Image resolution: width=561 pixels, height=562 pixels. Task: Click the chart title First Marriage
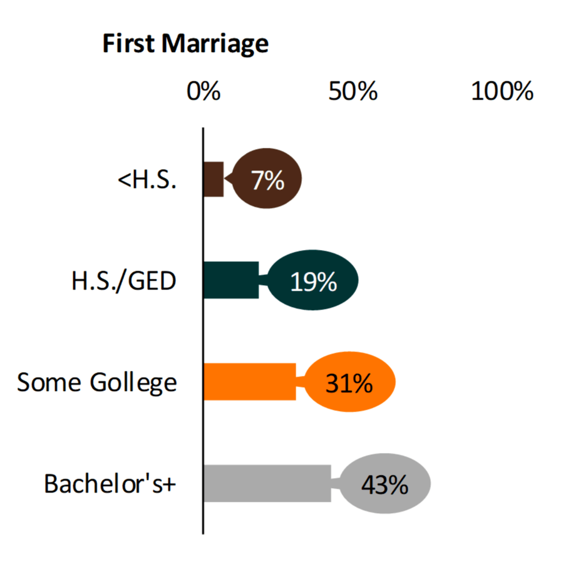pos(185,44)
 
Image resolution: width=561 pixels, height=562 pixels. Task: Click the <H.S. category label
pos(147,180)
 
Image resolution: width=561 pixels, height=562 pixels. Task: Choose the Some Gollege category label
pos(97,382)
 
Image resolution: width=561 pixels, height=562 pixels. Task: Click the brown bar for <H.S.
pos(214,180)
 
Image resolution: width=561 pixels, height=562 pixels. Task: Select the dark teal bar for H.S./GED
pos(231,280)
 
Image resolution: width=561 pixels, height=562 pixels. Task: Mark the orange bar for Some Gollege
pos(249,382)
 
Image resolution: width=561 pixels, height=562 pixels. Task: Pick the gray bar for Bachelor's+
pos(267,483)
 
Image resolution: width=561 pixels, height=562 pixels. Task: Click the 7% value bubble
pos(267,180)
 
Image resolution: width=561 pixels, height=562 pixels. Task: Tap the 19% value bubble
pos(314,281)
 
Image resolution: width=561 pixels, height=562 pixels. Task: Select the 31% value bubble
pos(349,382)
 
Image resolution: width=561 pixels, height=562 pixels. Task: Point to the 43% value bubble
pos(384,484)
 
